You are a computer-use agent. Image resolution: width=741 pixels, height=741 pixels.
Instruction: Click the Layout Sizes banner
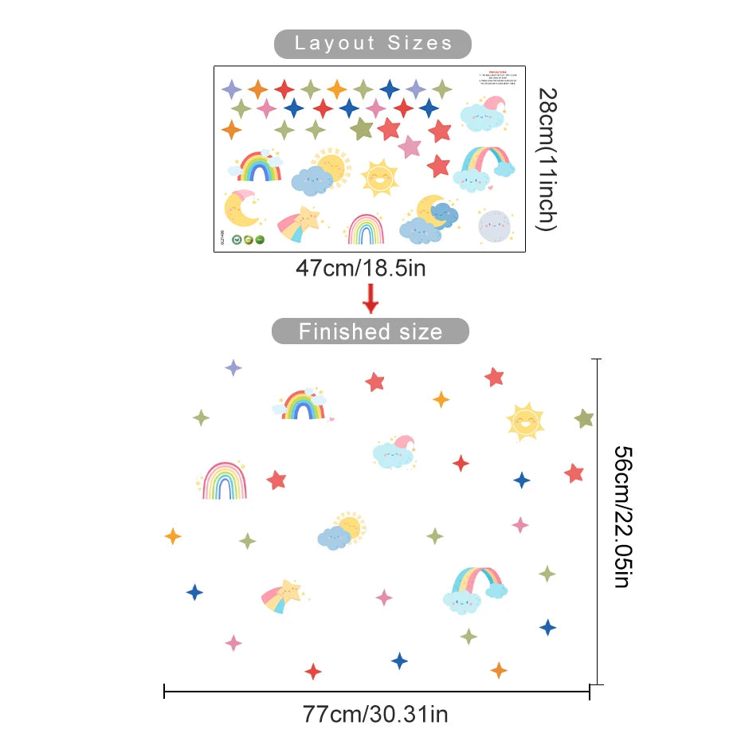tap(373, 43)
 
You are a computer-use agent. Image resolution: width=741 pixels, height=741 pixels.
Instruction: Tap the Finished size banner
tap(370, 331)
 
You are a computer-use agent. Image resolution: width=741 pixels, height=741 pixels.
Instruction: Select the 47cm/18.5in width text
tap(361, 268)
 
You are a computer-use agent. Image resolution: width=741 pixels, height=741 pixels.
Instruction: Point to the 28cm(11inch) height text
tap(546, 159)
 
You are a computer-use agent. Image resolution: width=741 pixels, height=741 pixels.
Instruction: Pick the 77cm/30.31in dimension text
tap(375, 712)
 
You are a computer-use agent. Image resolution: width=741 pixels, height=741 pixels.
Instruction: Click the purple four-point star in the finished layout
tap(233, 367)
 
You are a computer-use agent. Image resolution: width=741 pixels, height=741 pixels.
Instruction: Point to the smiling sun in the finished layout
tap(525, 421)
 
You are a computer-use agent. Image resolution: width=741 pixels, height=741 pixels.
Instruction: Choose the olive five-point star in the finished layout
tap(584, 418)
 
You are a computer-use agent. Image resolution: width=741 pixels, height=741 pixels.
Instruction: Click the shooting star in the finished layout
tap(284, 595)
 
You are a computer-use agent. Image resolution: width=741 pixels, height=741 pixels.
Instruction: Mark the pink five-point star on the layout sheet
tap(410, 147)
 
